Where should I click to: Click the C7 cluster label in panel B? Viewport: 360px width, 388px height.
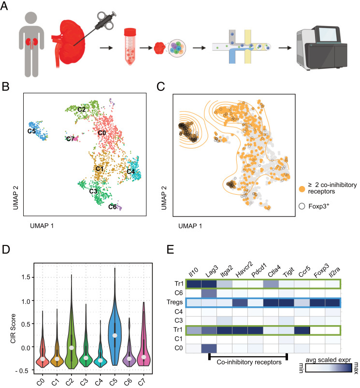[71, 139]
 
